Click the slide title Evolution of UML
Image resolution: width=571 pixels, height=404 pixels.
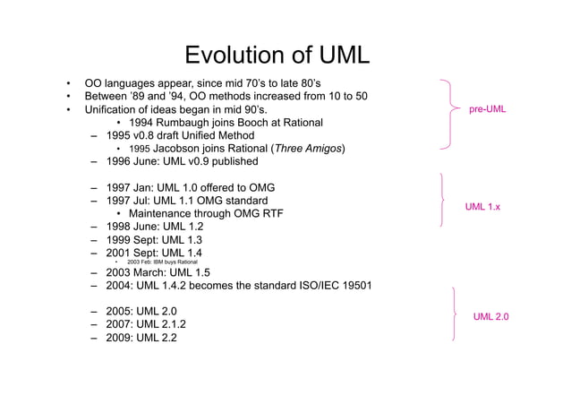pos(277,56)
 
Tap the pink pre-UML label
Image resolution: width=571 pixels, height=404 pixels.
pos(487,109)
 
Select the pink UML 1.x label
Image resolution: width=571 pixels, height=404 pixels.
pos(482,207)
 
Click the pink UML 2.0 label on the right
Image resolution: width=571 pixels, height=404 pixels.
pos(491,316)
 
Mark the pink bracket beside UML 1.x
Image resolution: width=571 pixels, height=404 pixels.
pos(443,202)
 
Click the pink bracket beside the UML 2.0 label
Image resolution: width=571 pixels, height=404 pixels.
pos(456,314)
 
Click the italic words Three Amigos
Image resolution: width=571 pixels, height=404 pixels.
pos(309,148)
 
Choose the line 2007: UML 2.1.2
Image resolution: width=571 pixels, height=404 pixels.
pos(146,323)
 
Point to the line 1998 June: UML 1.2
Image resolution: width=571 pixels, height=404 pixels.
pos(154,227)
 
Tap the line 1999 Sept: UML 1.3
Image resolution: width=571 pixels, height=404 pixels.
pos(153,240)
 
